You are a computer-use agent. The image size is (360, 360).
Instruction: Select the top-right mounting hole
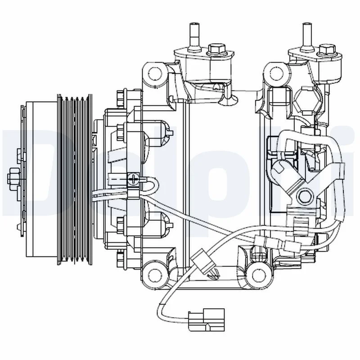point(275,72)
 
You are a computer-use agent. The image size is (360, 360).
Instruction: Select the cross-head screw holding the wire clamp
point(133,180)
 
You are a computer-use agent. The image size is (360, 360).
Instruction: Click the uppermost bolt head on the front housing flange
point(120,95)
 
